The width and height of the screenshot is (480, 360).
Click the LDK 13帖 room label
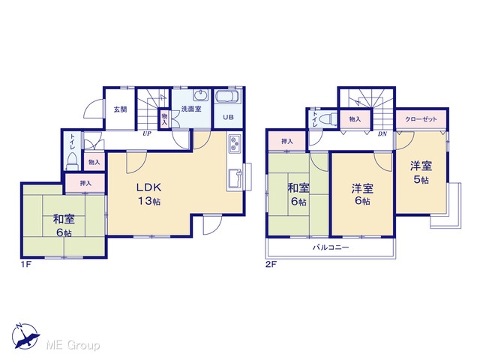tap(148, 193)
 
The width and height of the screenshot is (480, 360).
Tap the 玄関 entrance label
tap(120, 109)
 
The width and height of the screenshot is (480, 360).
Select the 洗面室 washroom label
tap(191, 109)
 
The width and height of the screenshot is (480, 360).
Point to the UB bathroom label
tap(228, 117)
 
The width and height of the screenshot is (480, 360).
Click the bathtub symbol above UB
tap(228, 97)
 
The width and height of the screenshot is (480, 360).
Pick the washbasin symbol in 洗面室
tap(201, 95)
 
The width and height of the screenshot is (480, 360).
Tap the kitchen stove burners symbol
tap(235, 143)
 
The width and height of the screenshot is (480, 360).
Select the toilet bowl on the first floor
tap(73, 161)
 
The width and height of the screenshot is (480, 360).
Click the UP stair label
tap(147, 133)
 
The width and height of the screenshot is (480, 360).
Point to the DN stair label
tap(382, 133)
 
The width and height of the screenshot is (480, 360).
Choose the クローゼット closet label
tap(421, 119)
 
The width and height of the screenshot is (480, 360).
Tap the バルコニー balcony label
tap(331, 247)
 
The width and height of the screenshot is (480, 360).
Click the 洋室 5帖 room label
tap(421, 172)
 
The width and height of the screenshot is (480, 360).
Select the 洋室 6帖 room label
tap(362, 195)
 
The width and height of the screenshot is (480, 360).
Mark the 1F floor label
tap(26, 264)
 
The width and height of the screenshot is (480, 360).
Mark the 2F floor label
tap(271, 264)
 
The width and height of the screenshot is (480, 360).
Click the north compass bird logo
tap(25, 336)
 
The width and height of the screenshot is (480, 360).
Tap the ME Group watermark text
tap(73, 346)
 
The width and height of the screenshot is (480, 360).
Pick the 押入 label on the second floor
tap(287, 142)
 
